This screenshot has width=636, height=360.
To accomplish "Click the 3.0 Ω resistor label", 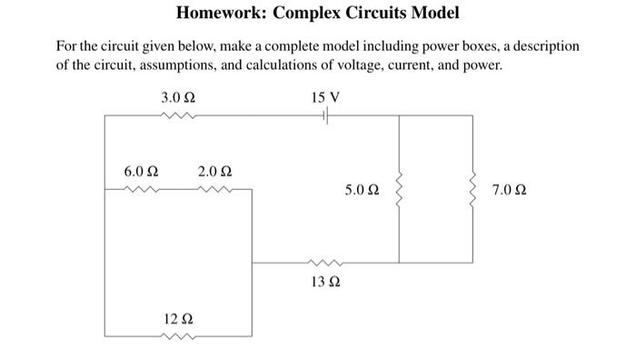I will pyautogui.click(x=177, y=96).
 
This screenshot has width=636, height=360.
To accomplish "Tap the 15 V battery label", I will pyautogui.click(x=324, y=96).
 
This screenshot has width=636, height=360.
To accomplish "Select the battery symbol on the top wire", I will pyautogui.click(x=324, y=115).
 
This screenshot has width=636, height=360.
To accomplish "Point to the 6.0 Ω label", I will pyautogui.click(x=141, y=171).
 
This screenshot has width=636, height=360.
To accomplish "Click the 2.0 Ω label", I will pyautogui.click(x=214, y=171).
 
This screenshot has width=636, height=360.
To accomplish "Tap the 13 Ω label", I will pyautogui.click(x=324, y=282).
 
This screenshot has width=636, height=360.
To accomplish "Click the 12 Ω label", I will pyautogui.click(x=177, y=319).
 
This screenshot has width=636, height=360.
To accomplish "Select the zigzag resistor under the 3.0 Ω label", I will pyautogui.click(x=177, y=115).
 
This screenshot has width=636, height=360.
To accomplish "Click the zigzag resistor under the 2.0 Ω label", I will pyautogui.click(x=214, y=189).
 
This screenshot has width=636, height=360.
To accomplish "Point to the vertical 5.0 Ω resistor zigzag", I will pyautogui.click(x=399, y=190).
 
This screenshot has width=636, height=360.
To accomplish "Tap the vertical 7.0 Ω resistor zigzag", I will pyautogui.click(x=472, y=190).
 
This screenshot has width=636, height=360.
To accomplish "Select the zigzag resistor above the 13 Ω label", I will pyautogui.click(x=324, y=264).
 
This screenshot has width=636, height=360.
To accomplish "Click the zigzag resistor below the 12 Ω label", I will pyautogui.click(x=177, y=336).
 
